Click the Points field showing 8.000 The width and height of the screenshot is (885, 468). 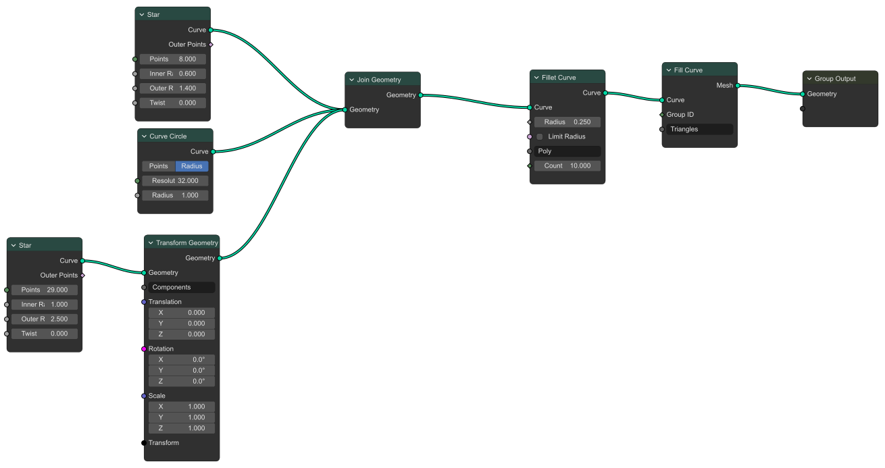tap(172, 59)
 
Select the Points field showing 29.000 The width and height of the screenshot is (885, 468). tap(44, 290)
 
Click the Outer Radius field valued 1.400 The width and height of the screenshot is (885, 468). tap(172, 88)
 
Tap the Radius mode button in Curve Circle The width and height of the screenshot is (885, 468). tap(192, 166)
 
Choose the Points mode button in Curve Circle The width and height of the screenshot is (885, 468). tap(159, 166)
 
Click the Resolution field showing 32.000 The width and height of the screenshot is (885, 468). tap(174, 181)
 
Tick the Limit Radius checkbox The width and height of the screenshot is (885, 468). tap(540, 136)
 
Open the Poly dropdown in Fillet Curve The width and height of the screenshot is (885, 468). tap(567, 151)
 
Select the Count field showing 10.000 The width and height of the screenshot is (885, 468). tap(567, 166)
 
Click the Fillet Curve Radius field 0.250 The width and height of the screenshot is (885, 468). tap(567, 122)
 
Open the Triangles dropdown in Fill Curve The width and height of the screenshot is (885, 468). tap(699, 129)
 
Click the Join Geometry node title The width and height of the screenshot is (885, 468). tap(379, 80)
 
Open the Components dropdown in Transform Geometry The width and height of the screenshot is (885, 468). tap(181, 288)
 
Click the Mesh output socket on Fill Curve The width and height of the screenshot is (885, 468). tap(738, 86)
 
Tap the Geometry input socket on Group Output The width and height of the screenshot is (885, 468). tap(803, 94)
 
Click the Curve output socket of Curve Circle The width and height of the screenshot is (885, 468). tap(213, 151)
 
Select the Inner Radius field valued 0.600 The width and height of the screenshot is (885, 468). tap(172, 74)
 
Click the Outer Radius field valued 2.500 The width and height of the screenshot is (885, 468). tap(44, 319)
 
